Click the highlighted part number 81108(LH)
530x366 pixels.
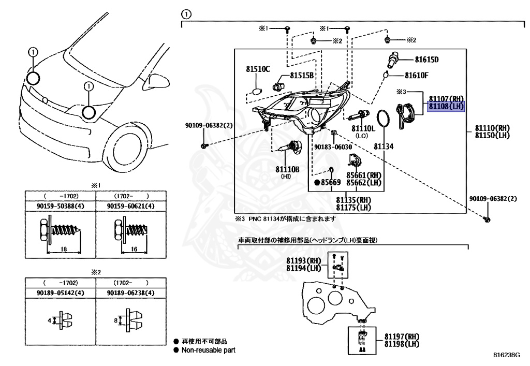pyautogui.click(x=446, y=107)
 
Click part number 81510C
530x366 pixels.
pyautogui.click(x=258, y=69)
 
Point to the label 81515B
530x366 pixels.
pyautogui.click(x=301, y=76)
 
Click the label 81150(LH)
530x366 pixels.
pyautogui.click(x=493, y=136)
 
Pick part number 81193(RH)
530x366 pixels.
pyautogui.click(x=303, y=260)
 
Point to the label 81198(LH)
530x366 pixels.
pyautogui.click(x=402, y=344)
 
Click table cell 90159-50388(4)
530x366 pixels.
pyautogui.click(x=61, y=206)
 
